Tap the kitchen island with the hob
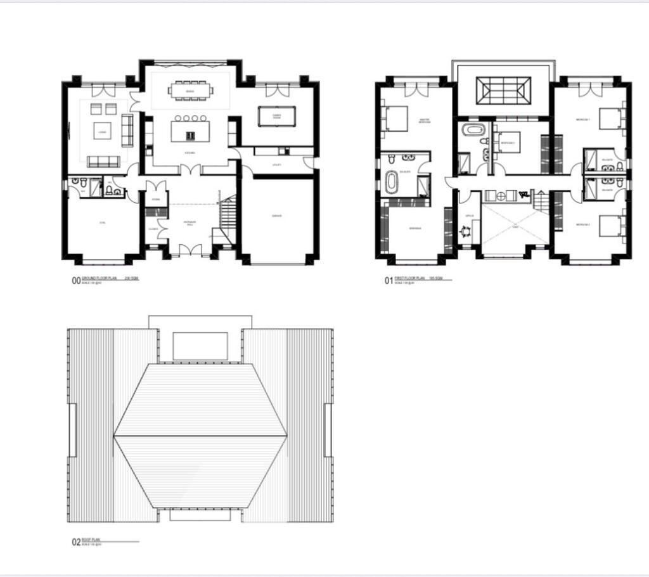click(x=189, y=132)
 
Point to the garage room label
click(x=277, y=216)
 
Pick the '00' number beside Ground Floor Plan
click(x=76, y=281)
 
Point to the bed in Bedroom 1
click(x=608, y=117)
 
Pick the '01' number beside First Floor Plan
click(x=389, y=281)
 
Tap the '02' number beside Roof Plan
click(x=76, y=542)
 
